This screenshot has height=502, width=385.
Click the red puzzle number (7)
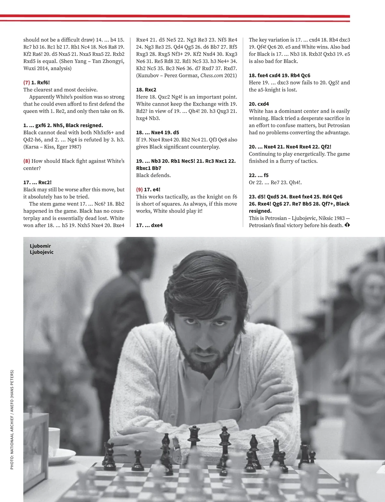(27, 82)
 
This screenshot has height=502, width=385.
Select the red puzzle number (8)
(27, 161)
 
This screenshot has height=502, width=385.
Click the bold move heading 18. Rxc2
(146, 90)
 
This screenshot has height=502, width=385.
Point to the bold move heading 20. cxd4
(259, 104)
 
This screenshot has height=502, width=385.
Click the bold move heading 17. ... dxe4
(149, 225)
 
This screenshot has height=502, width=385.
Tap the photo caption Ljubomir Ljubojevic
(41, 249)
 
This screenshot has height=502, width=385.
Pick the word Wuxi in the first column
(30, 68)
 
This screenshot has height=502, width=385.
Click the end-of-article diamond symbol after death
(347, 225)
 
